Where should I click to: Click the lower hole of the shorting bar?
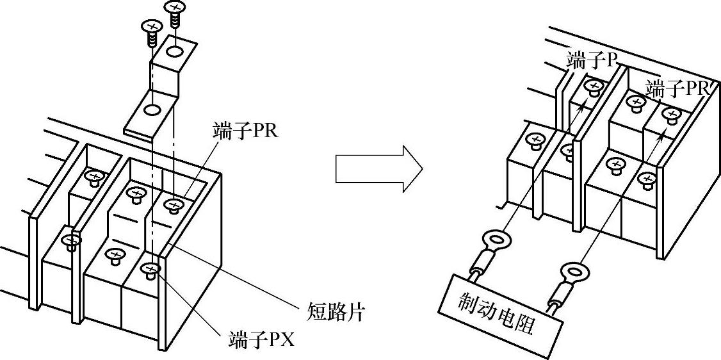152,111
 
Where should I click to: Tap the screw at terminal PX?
152,270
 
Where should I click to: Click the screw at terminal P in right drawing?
594,85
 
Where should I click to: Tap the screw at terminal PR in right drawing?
671,115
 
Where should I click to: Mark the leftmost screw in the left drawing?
71,241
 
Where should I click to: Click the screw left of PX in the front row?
115,256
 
